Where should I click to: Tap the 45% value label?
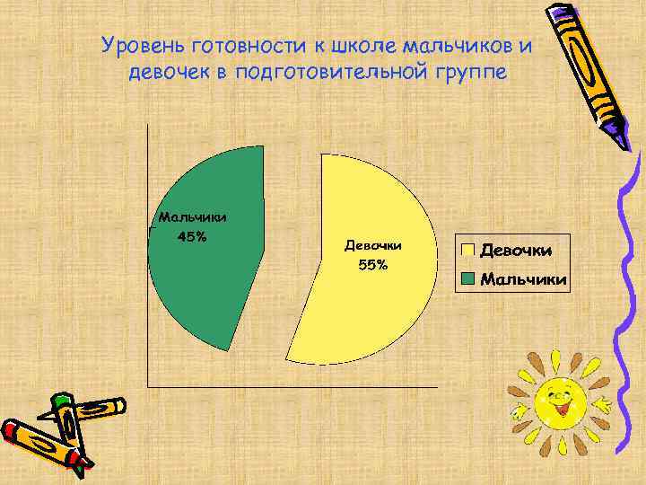pos(192,237)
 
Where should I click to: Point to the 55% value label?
pos(372,265)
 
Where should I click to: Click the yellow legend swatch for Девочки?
pos(467,250)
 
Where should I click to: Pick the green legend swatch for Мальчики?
pos(467,279)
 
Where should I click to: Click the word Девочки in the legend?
pos(516,250)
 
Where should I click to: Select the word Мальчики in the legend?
pos(523,279)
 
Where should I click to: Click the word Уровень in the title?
pos(135,44)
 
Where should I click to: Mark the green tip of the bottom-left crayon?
pos(61,399)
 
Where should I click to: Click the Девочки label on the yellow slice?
pos(372,245)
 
